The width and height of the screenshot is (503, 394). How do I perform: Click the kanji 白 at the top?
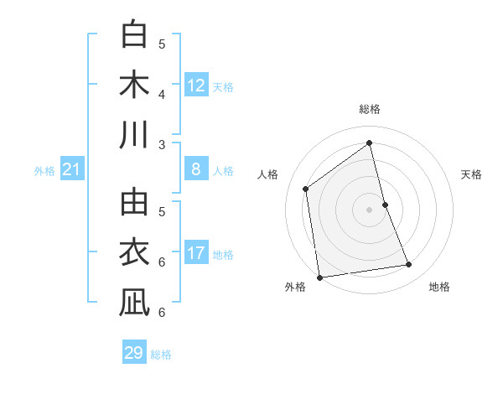point(135,36)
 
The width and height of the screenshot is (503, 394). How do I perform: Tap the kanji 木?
point(135,86)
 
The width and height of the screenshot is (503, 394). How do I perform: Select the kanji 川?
point(135,135)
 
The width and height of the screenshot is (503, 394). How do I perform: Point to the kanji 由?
point(135,204)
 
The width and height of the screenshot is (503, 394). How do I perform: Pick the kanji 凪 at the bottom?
point(135,303)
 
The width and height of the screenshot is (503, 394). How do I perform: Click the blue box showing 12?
point(196,85)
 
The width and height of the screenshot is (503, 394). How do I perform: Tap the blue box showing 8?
point(196,169)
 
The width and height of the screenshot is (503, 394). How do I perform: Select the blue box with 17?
point(196,253)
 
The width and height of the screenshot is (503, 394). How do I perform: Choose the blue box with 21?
point(72,170)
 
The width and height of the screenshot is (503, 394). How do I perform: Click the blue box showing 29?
point(134,353)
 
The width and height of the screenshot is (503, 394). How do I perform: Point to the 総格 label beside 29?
point(162,355)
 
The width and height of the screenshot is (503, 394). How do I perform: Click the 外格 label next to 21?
point(44,171)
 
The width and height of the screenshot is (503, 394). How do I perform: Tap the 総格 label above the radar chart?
point(370,109)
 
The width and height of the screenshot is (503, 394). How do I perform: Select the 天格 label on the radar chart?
point(472,174)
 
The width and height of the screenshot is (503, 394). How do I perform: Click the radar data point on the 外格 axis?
point(319,277)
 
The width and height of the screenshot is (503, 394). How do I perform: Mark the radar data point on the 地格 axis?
point(409,265)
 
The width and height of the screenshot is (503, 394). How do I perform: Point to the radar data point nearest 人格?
point(306,189)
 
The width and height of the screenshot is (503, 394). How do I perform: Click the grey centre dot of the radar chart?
point(370,209)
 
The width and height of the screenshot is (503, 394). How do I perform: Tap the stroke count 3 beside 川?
point(162,144)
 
